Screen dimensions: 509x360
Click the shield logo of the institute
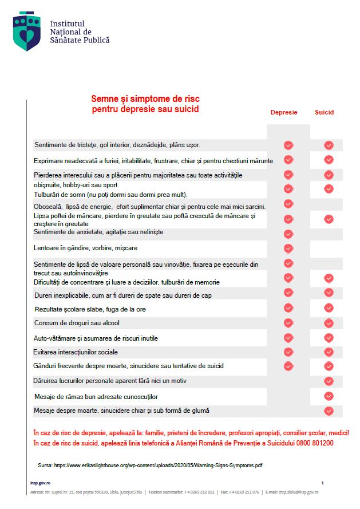click(27, 31)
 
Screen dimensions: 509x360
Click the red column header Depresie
click(284, 113)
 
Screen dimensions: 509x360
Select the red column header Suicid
click(324, 113)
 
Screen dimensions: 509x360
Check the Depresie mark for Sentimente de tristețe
click(288, 145)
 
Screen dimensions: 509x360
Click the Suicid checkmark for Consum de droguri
click(329, 323)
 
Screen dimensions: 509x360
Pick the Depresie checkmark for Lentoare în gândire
click(288, 248)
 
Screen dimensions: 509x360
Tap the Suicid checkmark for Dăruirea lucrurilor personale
click(329, 381)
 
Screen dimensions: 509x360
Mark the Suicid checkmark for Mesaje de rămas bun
click(329, 396)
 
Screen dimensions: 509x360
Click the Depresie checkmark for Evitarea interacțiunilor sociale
click(288, 352)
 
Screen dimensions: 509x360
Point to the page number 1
click(323, 483)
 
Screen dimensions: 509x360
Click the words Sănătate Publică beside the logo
click(80, 40)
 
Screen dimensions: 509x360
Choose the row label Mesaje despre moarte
click(121, 411)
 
